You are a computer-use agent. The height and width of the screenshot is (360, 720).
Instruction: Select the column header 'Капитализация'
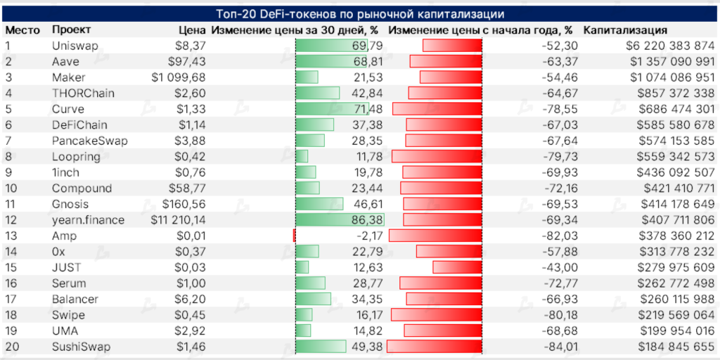625,30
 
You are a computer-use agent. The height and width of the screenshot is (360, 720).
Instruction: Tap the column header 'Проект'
70,30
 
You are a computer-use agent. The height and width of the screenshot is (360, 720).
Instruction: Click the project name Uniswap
75,46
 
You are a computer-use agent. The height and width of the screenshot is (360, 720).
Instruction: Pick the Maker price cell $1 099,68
179,77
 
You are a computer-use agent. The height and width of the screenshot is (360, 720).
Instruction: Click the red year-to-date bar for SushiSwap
434,347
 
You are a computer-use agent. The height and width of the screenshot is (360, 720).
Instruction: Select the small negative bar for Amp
294,236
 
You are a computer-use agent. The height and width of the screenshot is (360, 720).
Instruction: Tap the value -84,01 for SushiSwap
560,347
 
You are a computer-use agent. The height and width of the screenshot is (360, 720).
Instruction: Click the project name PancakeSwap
89,141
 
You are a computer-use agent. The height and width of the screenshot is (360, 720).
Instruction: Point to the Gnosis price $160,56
184,204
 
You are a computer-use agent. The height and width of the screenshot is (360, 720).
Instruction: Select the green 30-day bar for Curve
332,109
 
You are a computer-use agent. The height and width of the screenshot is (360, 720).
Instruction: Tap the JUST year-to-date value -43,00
560,267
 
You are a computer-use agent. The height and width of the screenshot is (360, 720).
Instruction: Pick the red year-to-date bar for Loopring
436,157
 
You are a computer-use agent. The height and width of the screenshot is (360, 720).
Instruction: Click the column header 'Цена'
192,30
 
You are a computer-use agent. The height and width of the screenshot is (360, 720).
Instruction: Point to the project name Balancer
75,299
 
